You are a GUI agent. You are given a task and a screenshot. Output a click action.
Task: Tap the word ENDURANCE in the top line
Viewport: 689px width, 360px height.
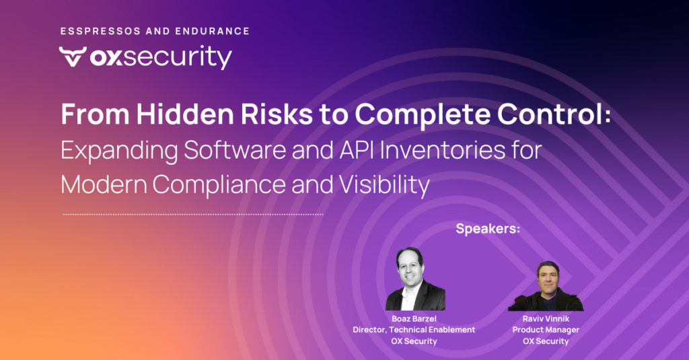[x=212, y=31]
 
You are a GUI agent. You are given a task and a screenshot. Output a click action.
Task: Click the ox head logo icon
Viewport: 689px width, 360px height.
[x=73, y=57]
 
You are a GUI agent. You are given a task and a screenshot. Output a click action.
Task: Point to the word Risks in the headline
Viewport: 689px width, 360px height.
[x=277, y=114]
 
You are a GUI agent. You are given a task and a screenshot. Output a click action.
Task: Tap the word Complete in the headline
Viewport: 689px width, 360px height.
[x=423, y=114]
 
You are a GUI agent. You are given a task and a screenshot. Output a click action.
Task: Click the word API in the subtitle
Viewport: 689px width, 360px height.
[x=357, y=150]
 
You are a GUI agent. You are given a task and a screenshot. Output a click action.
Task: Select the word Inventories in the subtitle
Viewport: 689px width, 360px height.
[x=443, y=150]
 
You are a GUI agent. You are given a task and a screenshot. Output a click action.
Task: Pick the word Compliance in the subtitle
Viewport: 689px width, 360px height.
[x=219, y=184]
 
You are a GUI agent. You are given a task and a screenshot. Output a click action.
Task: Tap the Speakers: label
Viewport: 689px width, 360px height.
[x=488, y=229]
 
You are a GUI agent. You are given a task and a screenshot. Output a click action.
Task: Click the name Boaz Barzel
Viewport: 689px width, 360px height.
[x=414, y=319]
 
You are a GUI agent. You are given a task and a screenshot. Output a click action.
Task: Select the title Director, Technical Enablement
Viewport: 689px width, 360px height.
[x=414, y=330]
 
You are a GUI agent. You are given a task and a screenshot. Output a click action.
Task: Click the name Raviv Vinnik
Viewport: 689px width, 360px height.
[x=546, y=319]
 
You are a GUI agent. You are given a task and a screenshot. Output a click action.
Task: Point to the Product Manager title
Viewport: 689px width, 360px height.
[x=546, y=330]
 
